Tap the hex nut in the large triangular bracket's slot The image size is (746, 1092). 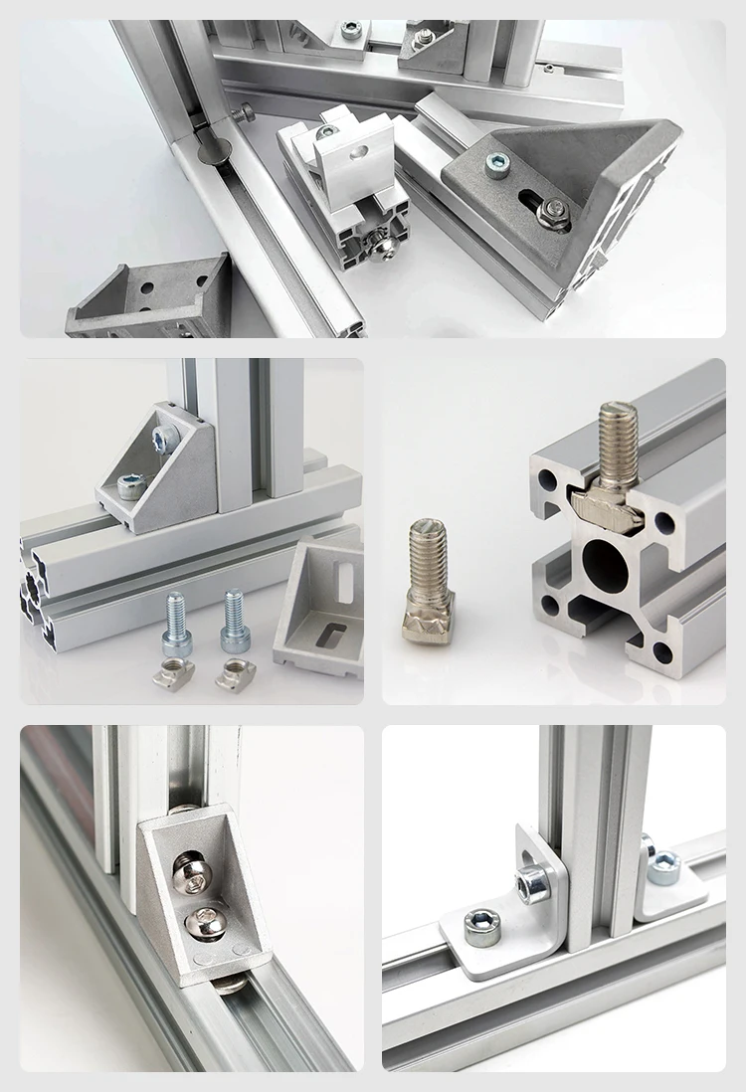pos(554,211)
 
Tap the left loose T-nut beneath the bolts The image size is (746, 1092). pos(173,675)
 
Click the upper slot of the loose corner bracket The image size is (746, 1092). pos(345,579)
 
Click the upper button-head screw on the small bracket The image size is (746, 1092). pos(190,875)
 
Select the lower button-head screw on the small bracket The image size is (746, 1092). pos(201,925)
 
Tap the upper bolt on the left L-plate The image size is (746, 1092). pos(532,882)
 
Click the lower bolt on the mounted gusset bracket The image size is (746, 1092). pos(131,486)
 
